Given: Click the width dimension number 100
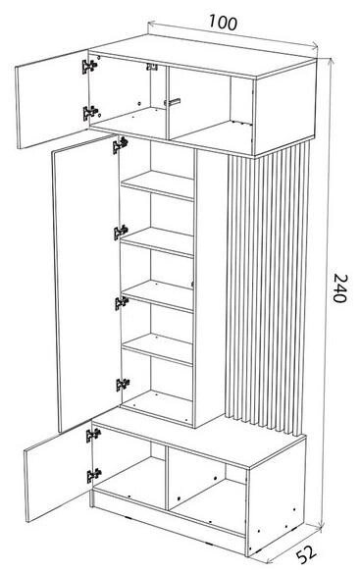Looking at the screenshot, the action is pos(223,23).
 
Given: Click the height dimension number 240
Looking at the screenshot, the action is pos(340,288).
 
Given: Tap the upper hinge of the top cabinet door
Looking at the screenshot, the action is pos(89,66).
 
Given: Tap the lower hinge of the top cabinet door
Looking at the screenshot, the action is pos(90,113).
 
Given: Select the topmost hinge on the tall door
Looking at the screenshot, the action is pos(120,145).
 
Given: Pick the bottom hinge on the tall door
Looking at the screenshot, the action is pos(123,384).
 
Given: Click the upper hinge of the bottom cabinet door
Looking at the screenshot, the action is pos(93,435).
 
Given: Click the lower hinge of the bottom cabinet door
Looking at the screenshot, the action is pos(94,475).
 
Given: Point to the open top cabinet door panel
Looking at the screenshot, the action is pos(52,99).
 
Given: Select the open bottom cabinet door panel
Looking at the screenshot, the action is pos(59,472).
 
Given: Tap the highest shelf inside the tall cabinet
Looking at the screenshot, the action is pos(157,184).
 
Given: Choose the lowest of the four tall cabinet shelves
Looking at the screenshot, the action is pos(157,348).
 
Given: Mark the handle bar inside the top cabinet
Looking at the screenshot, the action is pos(173,102).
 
